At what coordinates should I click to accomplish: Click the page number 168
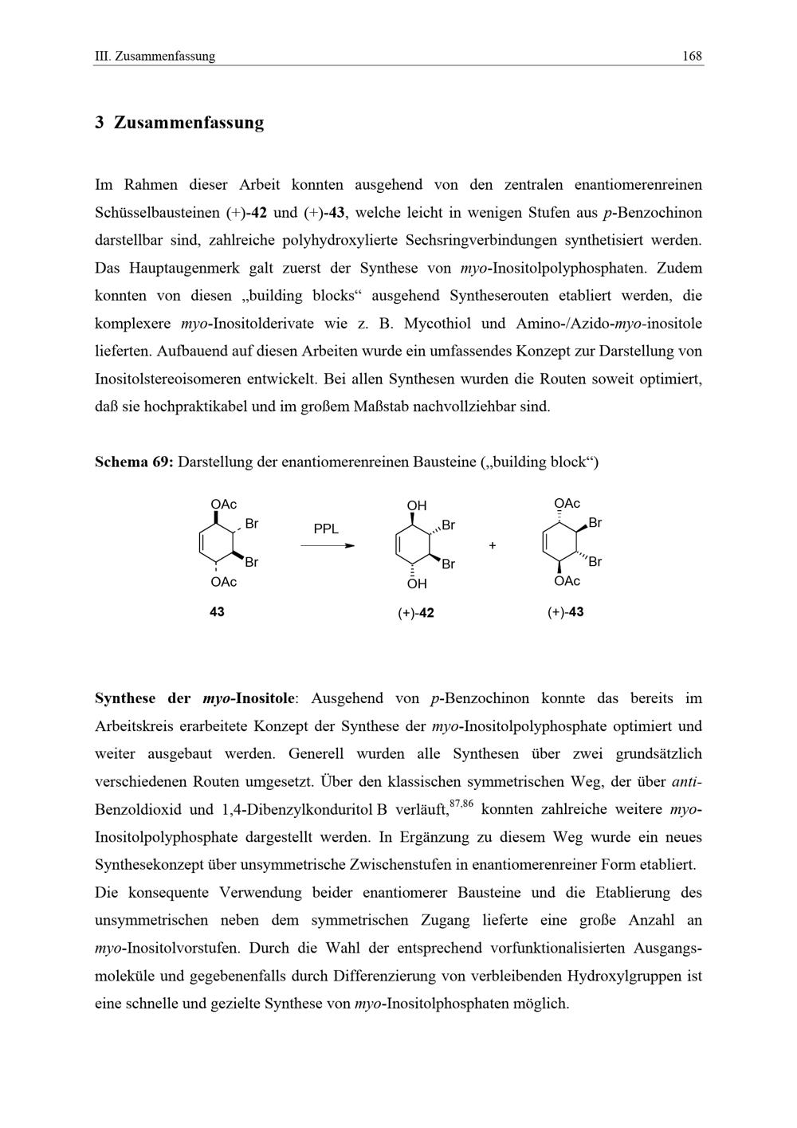692,56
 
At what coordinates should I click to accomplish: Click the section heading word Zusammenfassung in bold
188,123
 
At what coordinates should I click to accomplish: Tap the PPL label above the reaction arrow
326,529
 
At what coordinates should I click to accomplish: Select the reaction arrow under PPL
327,546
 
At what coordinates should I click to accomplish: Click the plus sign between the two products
493,545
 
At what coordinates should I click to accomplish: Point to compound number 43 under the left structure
217,611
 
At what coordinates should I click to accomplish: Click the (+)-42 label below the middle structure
416,612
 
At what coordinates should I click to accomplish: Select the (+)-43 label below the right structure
565,611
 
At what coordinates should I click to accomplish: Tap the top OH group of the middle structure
416,505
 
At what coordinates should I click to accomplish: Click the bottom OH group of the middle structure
416,584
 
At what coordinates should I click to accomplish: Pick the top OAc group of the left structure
224,505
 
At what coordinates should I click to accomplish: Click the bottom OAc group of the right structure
567,581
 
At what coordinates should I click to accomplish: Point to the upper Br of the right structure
595,523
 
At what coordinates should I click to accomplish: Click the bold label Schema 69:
134,462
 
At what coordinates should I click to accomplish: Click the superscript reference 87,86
461,804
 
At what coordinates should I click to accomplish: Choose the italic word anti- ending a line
687,781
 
